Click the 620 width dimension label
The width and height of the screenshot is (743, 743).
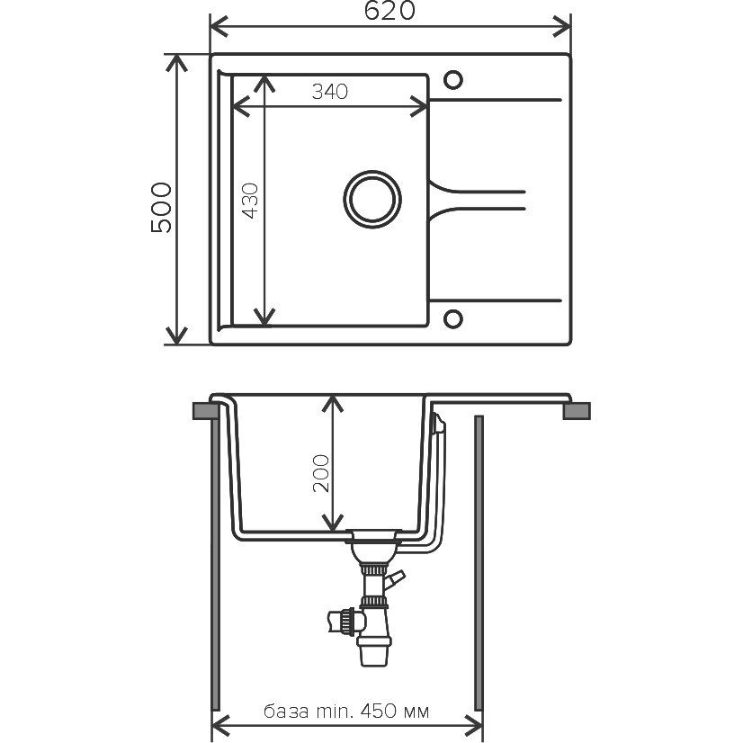tap(389, 11)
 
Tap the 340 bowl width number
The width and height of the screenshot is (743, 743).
tap(330, 92)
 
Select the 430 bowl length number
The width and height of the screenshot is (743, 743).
tap(250, 201)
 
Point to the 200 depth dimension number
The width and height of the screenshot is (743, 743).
tap(321, 473)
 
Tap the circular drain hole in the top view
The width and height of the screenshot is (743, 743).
tap(372, 199)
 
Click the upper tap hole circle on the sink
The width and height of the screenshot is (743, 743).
tap(453, 79)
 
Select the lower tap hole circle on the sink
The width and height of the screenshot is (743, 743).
tap(453, 319)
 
